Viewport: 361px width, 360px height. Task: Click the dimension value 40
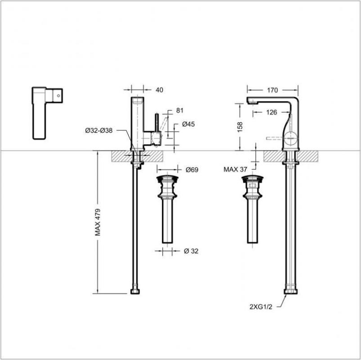tap(159, 90)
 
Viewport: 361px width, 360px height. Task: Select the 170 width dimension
tap(272, 90)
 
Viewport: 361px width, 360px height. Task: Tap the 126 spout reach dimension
tap(271, 112)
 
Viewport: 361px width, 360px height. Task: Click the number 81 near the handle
tap(180, 110)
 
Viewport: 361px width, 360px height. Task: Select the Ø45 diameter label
tap(188, 124)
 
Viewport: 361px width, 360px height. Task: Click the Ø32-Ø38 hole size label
tap(98, 130)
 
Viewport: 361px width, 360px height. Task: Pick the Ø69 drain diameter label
tap(192, 169)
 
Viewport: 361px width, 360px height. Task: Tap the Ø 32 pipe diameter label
tap(191, 251)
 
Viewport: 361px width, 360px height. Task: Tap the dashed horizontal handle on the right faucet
tap(274, 139)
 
